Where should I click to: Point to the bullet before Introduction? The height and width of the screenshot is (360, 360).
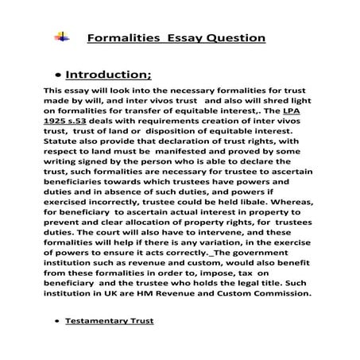click(x=60, y=77)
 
